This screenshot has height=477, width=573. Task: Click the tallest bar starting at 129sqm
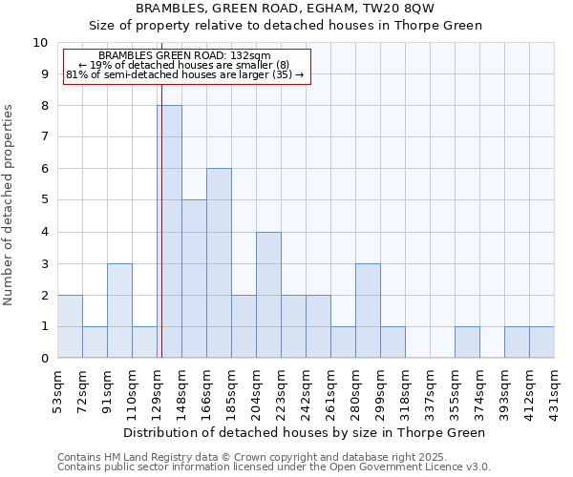click(x=170, y=232)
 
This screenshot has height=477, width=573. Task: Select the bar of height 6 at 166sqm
click(x=219, y=263)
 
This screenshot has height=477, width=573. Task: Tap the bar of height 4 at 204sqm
click(x=268, y=295)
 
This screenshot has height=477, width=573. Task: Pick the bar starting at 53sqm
click(x=70, y=326)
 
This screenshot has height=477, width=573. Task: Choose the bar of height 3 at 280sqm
click(x=368, y=311)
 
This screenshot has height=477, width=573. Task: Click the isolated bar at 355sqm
click(x=467, y=342)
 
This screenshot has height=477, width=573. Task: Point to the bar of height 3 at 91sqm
click(x=119, y=311)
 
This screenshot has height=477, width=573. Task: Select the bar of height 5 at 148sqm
click(x=194, y=279)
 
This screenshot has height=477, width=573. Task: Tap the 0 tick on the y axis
click(x=44, y=359)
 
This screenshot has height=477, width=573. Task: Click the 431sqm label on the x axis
click(x=555, y=392)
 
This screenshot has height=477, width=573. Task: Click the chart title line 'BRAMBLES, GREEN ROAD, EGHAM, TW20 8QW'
click(x=286, y=9)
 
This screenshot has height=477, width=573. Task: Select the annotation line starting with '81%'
click(x=185, y=73)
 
